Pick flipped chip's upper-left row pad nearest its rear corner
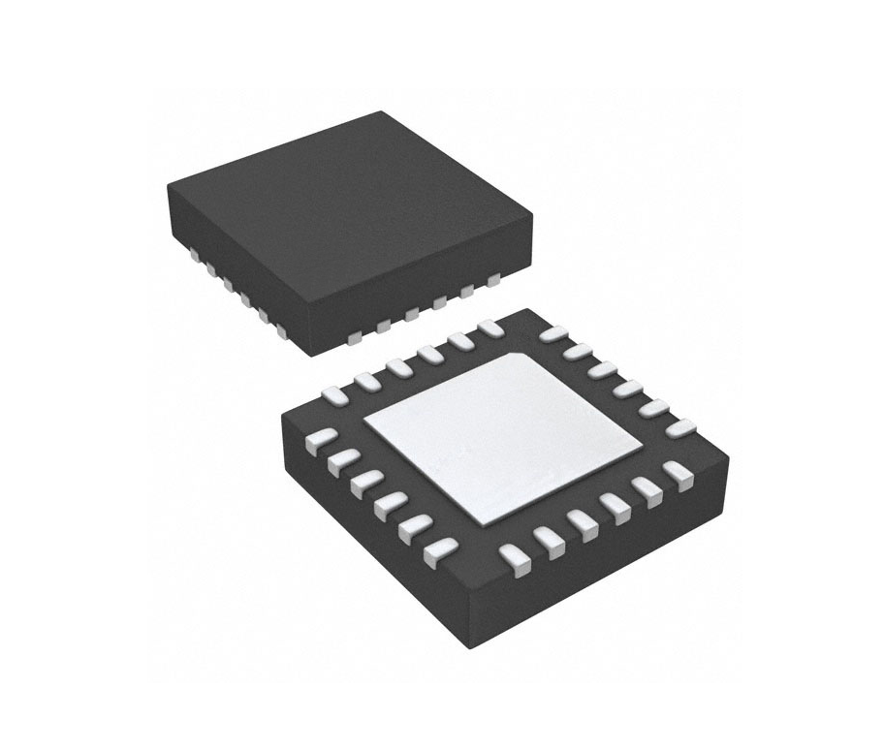coord(491,331)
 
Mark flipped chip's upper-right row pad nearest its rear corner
coord(552,333)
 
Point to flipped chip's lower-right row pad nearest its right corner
coord(681,474)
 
